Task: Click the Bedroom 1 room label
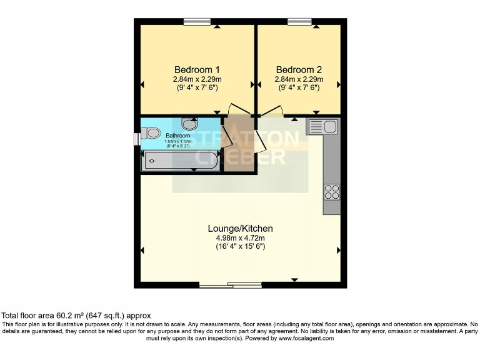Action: tap(196, 69)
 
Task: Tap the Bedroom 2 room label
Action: tap(299, 69)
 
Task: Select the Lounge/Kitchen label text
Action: tap(240, 229)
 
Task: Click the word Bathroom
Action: tap(178, 135)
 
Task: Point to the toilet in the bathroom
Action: tap(151, 133)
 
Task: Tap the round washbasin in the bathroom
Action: tap(189, 123)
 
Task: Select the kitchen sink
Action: tap(322, 127)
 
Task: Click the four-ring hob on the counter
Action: tap(331, 191)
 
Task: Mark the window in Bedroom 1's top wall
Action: tap(197, 22)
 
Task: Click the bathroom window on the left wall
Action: tap(137, 137)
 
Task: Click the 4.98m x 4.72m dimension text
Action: tap(240, 237)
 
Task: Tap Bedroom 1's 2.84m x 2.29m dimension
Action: tap(197, 79)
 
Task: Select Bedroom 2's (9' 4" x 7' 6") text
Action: tap(299, 88)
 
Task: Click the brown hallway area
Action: tap(239, 150)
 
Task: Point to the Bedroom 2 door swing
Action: tap(270, 112)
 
